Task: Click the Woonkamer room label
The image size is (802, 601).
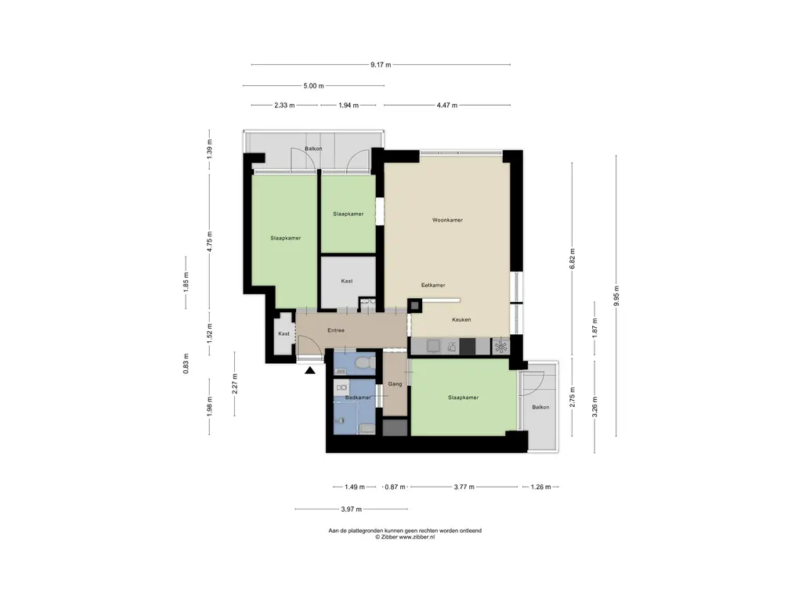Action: [447, 220]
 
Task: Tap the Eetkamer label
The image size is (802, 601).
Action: [432, 285]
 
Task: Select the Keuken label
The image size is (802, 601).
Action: [461, 320]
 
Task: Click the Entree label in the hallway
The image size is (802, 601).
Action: [336, 331]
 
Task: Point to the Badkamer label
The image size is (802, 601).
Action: [358, 398]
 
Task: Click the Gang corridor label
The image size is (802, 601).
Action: [395, 383]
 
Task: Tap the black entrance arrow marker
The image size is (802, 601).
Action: [310, 370]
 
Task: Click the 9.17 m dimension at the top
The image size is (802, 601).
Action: [381, 65]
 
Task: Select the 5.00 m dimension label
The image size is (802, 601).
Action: [313, 86]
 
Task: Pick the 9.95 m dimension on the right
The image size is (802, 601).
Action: [616, 296]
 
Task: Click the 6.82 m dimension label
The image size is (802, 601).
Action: [573, 258]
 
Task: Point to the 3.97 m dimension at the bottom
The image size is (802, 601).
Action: [352, 509]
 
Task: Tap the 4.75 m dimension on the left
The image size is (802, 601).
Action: [209, 242]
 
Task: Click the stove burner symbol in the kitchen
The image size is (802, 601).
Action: [500, 347]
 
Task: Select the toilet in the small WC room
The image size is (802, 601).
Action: [365, 363]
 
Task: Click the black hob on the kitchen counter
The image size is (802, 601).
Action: [468, 347]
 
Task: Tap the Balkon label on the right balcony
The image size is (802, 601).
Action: [540, 407]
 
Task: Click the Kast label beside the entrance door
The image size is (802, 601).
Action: [284, 333]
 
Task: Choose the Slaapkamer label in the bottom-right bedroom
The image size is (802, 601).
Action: [464, 398]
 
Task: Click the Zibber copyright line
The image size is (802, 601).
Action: [405, 537]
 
